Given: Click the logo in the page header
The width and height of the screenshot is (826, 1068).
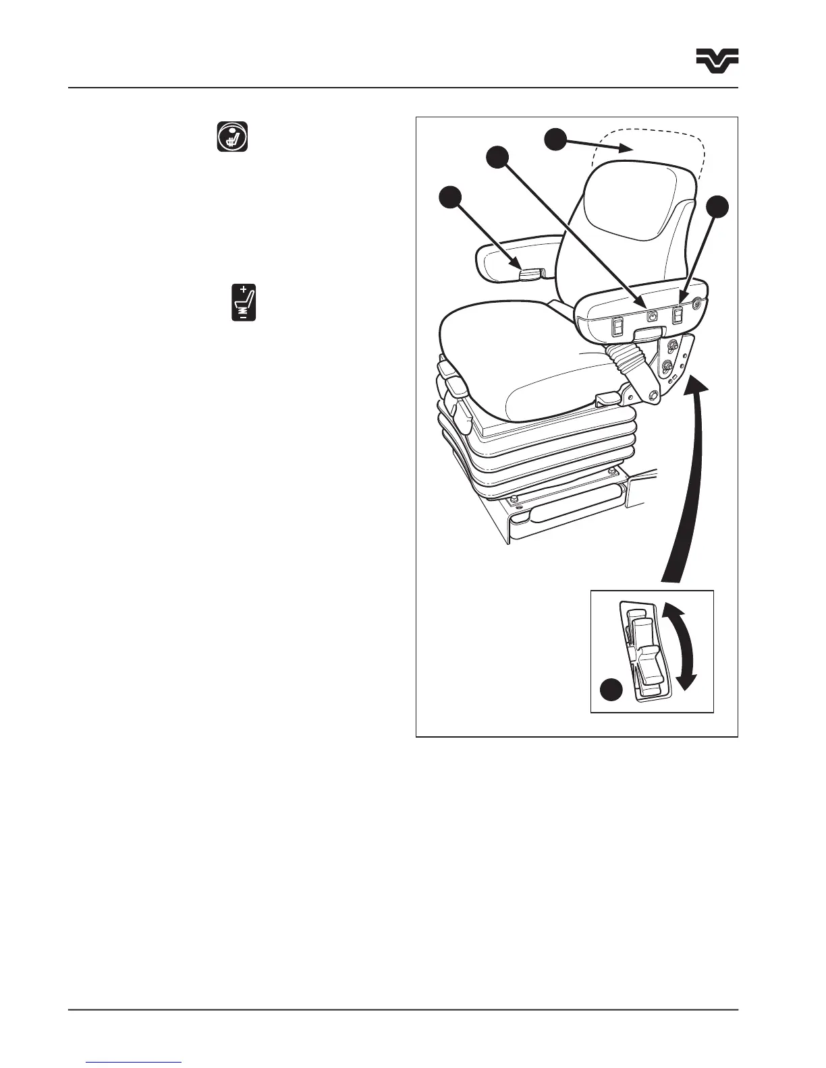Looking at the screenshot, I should [x=717, y=60].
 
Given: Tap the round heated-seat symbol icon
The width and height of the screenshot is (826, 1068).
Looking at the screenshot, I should [x=232, y=137].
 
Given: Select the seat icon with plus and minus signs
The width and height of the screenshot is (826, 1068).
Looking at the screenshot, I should [x=244, y=303].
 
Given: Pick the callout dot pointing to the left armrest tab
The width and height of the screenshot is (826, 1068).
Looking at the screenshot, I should [x=450, y=200].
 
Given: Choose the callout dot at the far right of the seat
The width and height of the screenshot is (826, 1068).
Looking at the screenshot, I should [x=717, y=207].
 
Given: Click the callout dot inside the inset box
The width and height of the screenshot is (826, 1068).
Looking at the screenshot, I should [x=612, y=691].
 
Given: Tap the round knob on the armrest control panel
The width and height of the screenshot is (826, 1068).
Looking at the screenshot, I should [x=653, y=316].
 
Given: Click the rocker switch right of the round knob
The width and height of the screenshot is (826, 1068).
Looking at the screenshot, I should [x=678, y=314].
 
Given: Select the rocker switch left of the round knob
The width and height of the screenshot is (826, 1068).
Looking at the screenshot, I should [x=616, y=328].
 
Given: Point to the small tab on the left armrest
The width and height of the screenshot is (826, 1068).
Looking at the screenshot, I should [x=530, y=272].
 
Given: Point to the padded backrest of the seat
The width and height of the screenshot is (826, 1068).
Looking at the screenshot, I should [x=634, y=222].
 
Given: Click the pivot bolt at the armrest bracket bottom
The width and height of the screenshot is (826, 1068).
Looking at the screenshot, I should [x=655, y=396].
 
